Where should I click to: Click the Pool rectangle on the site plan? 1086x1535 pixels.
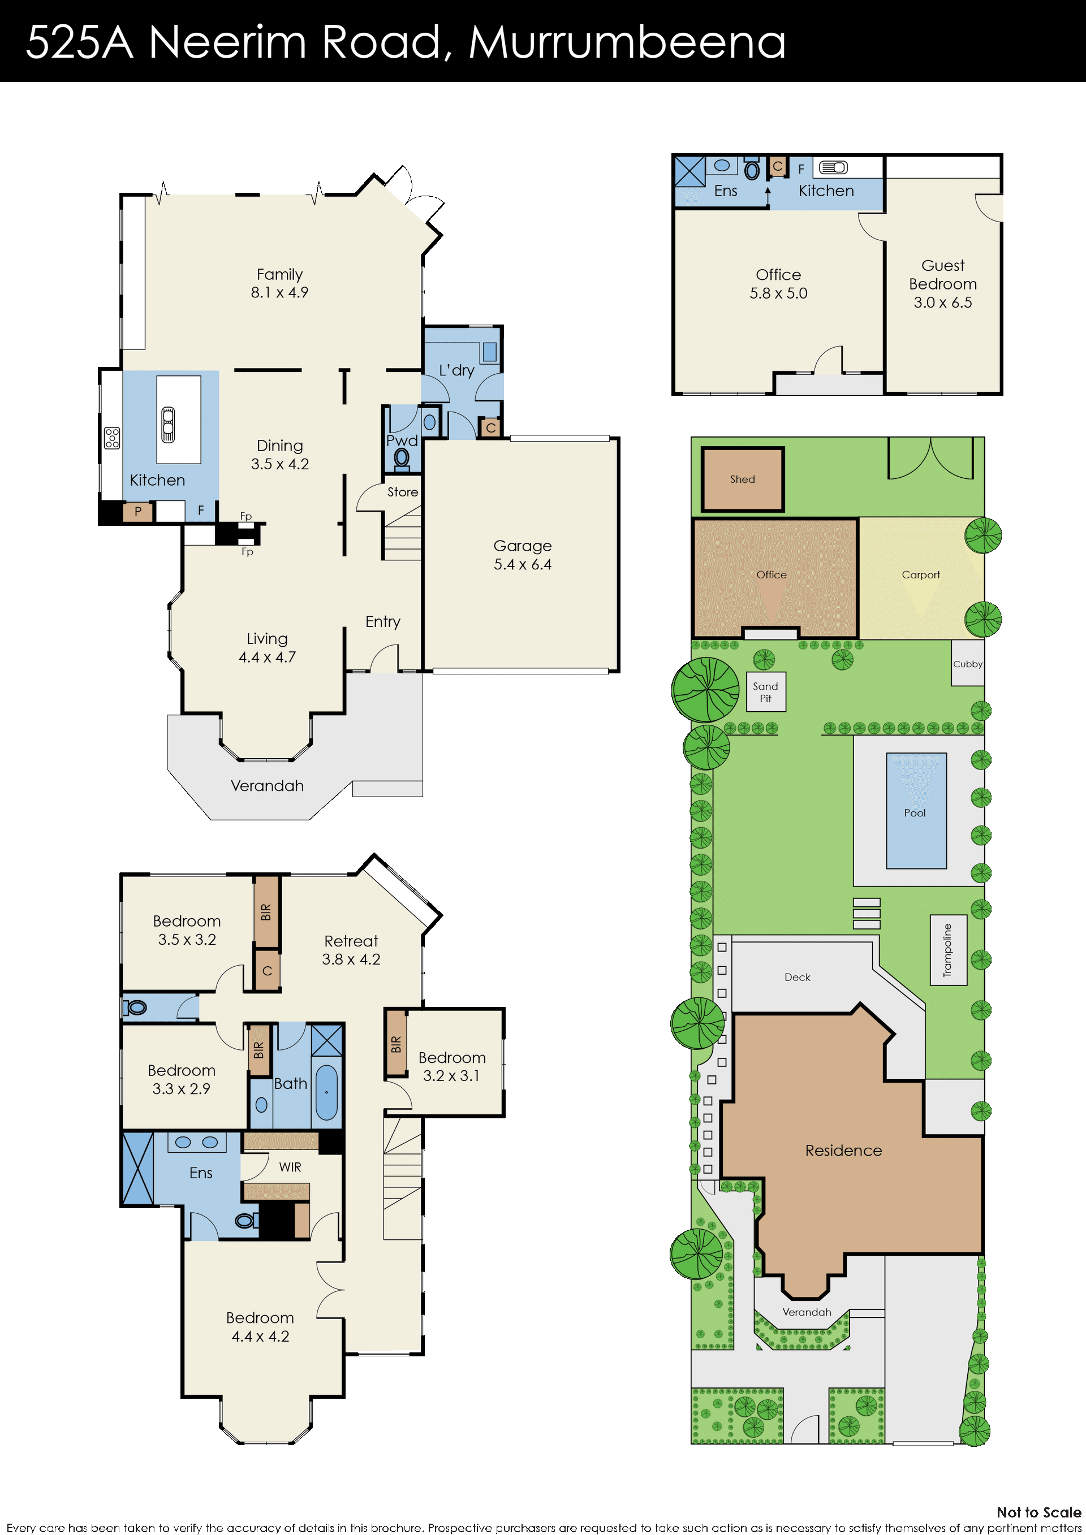tap(916, 810)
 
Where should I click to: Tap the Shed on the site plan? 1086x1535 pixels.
tap(742, 479)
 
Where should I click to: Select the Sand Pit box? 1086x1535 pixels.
tap(766, 691)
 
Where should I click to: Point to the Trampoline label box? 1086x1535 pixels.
tap(948, 949)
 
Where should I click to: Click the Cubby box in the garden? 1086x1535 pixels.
tap(968, 663)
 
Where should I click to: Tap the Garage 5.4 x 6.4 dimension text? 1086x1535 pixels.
tap(522, 564)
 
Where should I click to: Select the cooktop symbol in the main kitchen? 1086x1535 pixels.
tap(111, 438)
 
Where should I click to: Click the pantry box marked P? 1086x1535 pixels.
tap(138, 512)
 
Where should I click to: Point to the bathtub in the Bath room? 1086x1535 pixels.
tap(326, 1092)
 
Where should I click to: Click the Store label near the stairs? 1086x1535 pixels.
tap(403, 492)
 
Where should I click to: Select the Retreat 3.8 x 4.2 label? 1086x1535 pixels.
tap(351, 950)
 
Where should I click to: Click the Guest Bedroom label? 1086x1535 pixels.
tap(943, 275)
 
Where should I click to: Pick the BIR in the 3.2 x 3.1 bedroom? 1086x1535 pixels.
tap(396, 1044)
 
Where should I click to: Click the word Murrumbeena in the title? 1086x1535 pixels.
tap(627, 41)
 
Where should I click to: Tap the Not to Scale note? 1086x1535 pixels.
tap(1038, 1512)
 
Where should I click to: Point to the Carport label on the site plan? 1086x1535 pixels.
tap(920, 575)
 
